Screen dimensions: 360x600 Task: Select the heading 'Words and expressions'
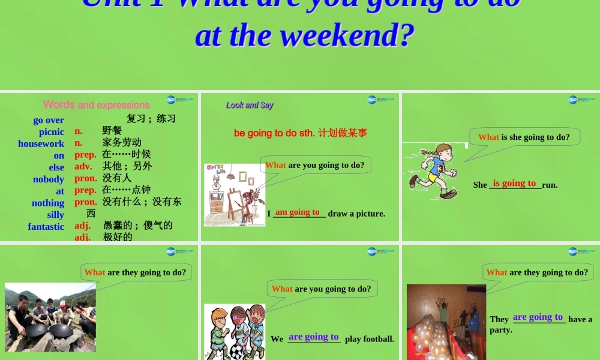click(x=96, y=105)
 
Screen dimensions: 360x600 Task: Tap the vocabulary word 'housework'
click(x=41, y=144)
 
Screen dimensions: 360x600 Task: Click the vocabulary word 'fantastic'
click(x=46, y=227)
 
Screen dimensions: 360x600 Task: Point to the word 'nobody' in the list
click(x=49, y=179)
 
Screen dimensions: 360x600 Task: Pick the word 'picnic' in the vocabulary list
click(x=52, y=132)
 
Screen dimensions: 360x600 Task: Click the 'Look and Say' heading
click(x=250, y=105)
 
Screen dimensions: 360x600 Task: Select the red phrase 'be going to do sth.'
click(x=274, y=133)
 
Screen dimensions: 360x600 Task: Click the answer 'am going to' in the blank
click(x=298, y=212)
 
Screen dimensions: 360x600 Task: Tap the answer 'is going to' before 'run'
click(x=514, y=183)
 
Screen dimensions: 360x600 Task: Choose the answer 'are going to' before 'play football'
click(x=314, y=337)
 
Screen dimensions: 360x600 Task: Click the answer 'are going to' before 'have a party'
click(x=538, y=317)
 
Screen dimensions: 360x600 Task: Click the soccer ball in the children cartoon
click(x=236, y=349)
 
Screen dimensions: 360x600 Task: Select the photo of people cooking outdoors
click(x=50, y=318)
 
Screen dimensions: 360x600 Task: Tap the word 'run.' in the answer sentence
click(x=550, y=185)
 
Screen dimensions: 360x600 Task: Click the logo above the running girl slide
click(x=581, y=100)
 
